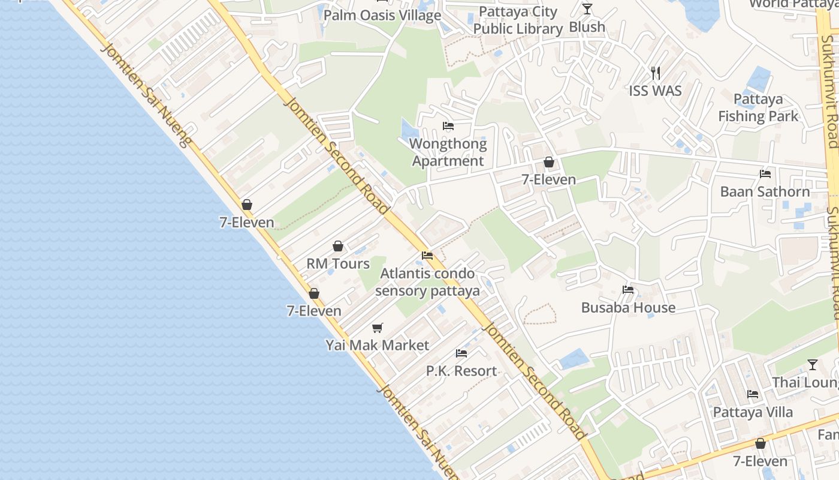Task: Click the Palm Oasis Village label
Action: click(x=382, y=16)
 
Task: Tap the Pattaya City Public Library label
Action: click(x=518, y=20)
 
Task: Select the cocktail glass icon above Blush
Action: click(x=587, y=9)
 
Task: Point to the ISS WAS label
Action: click(x=656, y=91)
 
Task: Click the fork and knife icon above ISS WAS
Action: click(x=656, y=73)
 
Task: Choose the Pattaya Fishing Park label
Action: click(x=758, y=107)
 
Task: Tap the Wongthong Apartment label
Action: click(x=448, y=152)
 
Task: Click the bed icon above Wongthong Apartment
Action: click(x=448, y=126)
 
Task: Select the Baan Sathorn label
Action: click(x=765, y=192)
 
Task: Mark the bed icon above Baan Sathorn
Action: click(x=765, y=174)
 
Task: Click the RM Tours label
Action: click(x=338, y=263)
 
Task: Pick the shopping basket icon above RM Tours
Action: click(x=338, y=246)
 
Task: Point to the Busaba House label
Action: click(x=628, y=308)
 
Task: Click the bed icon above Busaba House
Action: click(x=628, y=290)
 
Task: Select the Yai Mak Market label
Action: click(x=378, y=345)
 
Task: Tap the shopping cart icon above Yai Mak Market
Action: click(x=378, y=328)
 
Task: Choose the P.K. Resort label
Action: click(x=461, y=371)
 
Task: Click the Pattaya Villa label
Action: click(x=753, y=412)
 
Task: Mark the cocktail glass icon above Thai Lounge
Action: click(x=813, y=364)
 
